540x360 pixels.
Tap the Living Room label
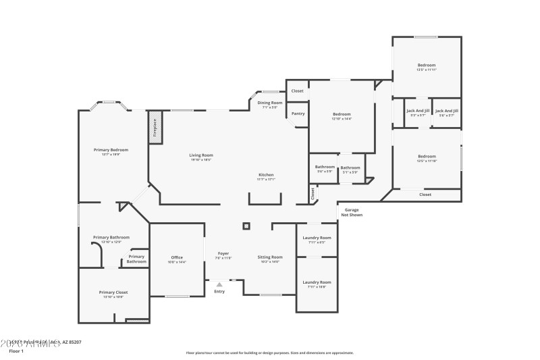pyautogui.click(x=201, y=155)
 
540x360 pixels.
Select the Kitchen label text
pyautogui.click(x=266, y=175)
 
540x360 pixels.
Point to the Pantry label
pyautogui.click(x=298, y=113)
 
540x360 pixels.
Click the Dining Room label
pyautogui.click(x=270, y=103)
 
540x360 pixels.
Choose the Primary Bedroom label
pyautogui.click(x=111, y=150)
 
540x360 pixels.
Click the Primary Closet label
pyautogui.click(x=113, y=292)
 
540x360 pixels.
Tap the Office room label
pyautogui.click(x=177, y=257)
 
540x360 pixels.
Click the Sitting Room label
pyautogui.click(x=270, y=257)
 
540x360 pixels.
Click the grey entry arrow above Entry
pyautogui.click(x=219, y=284)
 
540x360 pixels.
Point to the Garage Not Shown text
pyautogui.click(x=352, y=212)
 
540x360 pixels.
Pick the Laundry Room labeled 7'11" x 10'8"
pyautogui.click(x=317, y=282)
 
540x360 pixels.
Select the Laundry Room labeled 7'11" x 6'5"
pyautogui.click(x=317, y=238)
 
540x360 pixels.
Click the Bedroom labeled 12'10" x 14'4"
pyautogui.click(x=342, y=115)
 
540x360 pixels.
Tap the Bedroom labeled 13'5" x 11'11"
pyautogui.click(x=426, y=66)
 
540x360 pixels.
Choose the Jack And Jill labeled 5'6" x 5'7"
pyautogui.click(x=446, y=111)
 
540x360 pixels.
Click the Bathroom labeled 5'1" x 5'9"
pyautogui.click(x=350, y=168)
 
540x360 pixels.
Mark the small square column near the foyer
pyautogui.click(x=246, y=226)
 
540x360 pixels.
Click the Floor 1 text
pyautogui.click(x=16, y=351)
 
